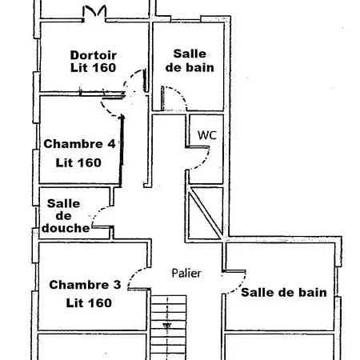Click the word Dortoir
point(94,55)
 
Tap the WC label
point(207,135)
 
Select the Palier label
point(186,273)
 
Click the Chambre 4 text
point(79,144)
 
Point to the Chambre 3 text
point(85,285)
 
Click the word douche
point(66,228)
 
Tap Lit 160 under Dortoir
point(94,67)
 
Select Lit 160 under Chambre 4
point(78,162)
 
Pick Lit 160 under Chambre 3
point(89,303)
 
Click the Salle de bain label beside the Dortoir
point(190,61)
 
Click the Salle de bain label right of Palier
point(284,293)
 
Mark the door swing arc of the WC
point(205,162)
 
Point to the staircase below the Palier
point(169,327)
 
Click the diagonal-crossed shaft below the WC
point(206,213)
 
